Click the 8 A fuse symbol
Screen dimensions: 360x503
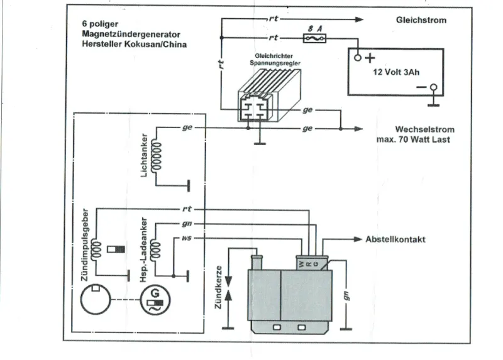coord(314,38)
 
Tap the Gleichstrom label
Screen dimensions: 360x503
coord(421,20)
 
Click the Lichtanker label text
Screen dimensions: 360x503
coord(145,155)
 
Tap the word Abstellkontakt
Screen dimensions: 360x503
coord(395,239)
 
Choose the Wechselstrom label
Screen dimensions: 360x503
coord(424,130)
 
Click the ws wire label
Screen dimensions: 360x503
coord(186,239)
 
